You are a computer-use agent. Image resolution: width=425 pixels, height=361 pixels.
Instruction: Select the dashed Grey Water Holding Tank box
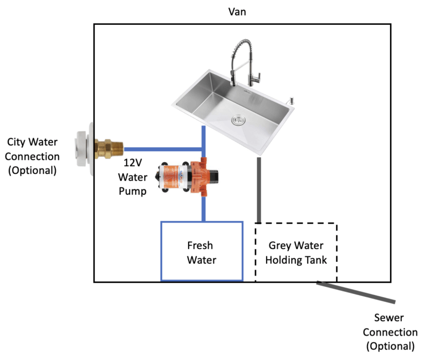[296, 252]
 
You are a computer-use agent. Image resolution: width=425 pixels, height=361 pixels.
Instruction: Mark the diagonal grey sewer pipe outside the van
[356, 292]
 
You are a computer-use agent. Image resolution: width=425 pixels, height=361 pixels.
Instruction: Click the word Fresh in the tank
[200, 245]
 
